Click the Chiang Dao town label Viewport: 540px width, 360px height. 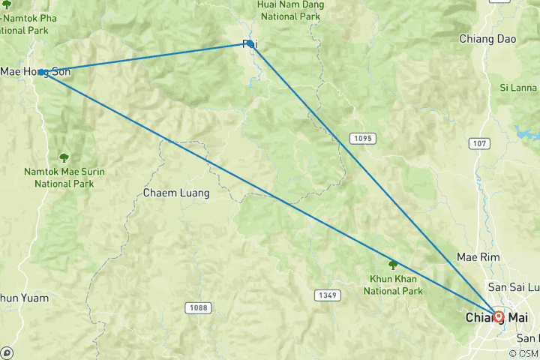[487, 38]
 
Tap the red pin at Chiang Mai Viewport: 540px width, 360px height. [498, 316]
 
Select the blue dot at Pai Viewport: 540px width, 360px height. [250, 43]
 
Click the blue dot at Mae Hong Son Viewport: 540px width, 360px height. [41, 72]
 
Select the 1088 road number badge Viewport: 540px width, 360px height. [198, 307]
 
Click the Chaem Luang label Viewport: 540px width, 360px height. [175, 193]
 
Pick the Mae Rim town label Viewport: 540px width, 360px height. [478, 256]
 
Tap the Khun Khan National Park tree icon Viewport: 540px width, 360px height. [392, 264]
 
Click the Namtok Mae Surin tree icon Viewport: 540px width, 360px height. [64, 157]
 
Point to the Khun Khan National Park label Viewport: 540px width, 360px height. [391, 285]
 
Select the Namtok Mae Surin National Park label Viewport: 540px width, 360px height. [63, 177]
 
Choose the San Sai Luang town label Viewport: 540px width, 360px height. [514, 286]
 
